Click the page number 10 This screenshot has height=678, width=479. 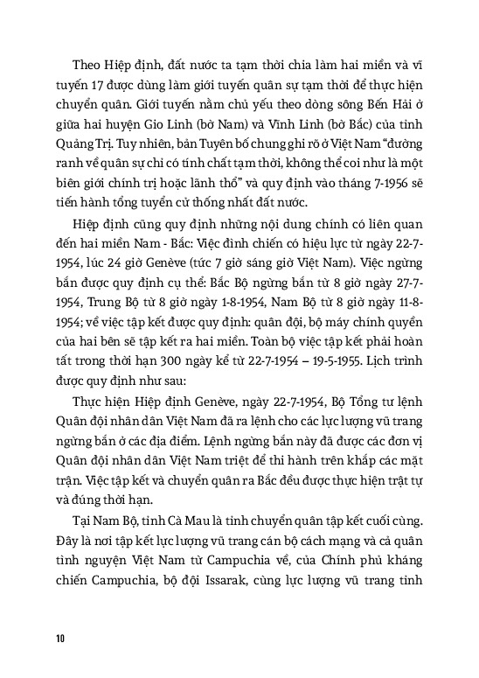click(59, 638)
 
